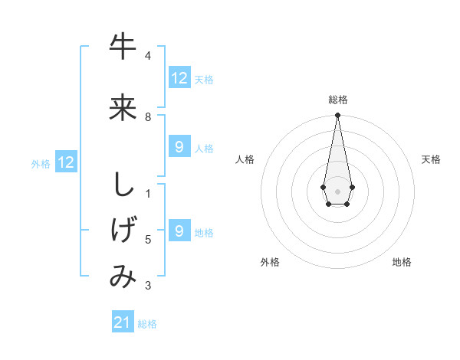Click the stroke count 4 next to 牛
point(148,55)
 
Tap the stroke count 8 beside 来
point(148,116)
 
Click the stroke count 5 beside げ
point(148,240)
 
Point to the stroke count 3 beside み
point(148,286)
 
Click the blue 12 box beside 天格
point(179,78)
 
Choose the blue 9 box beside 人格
point(179,147)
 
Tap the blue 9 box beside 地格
point(179,231)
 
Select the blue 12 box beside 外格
point(66,162)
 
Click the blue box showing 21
point(123,322)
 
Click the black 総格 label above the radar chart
point(338,100)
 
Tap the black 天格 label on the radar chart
point(431,159)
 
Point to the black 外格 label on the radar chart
point(270,262)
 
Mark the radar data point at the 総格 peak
point(337,116)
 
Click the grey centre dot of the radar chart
point(337,191)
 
